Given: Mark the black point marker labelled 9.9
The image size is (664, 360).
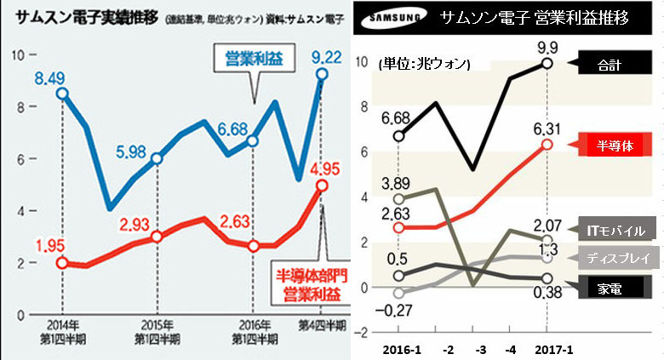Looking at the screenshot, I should click(547, 63).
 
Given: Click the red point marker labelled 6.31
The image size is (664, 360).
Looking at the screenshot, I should click(547, 145).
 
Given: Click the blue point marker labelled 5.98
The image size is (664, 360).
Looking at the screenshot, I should click(156, 158).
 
